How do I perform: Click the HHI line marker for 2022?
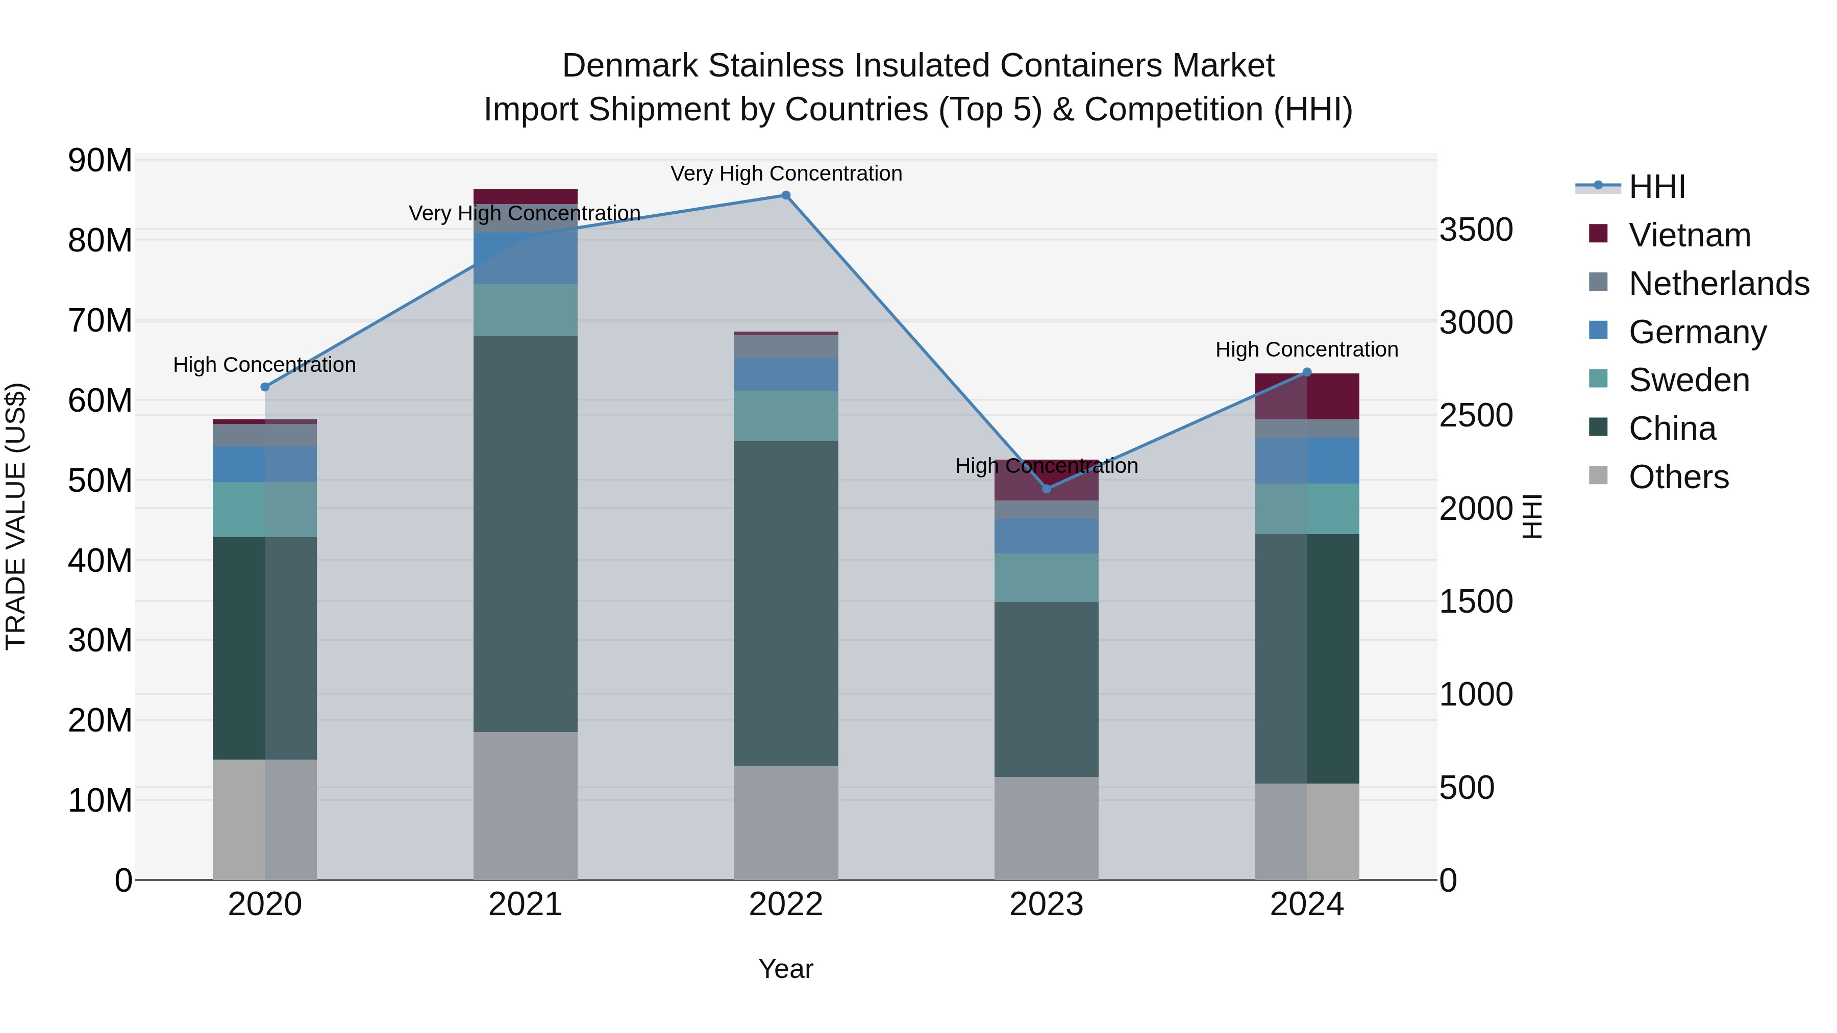coord(786,195)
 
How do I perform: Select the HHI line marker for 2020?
coord(264,387)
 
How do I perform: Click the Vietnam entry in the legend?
coord(1690,235)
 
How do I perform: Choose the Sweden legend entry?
coord(1689,380)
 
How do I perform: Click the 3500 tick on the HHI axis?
coord(1475,230)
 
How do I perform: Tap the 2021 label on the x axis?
coord(525,904)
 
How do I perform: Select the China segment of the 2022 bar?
coord(786,602)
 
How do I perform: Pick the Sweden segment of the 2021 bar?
coord(525,310)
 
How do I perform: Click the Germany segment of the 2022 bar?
coord(786,374)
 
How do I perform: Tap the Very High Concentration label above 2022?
coord(786,173)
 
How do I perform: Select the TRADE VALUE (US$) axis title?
coord(16,516)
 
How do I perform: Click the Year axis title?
coord(785,969)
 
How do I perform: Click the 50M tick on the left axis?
coord(100,481)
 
